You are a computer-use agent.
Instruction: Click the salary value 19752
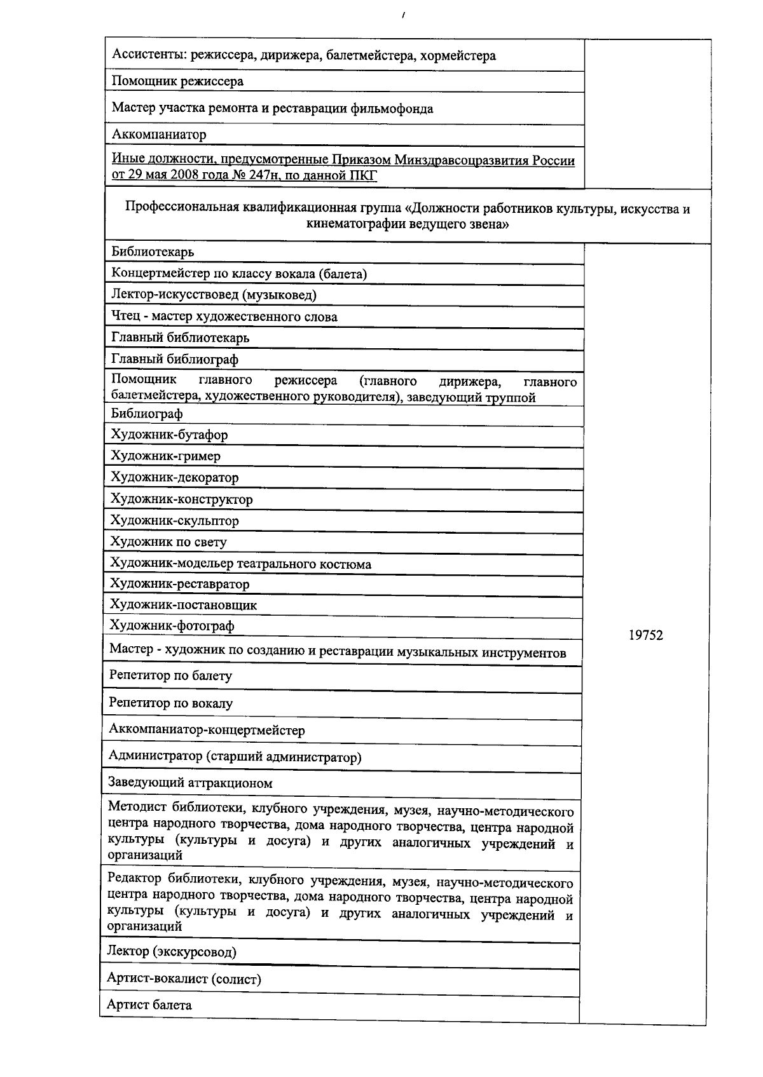click(645, 635)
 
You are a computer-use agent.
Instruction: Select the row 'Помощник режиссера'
click(177, 81)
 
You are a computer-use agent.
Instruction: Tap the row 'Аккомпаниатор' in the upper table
click(159, 135)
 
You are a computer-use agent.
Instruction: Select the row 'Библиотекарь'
click(153, 252)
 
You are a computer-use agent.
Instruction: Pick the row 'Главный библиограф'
click(175, 360)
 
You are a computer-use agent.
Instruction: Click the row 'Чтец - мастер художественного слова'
click(224, 317)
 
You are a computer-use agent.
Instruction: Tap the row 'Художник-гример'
click(165, 456)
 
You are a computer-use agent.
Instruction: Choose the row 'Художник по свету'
click(168, 543)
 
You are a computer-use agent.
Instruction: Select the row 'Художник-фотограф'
click(172, 627)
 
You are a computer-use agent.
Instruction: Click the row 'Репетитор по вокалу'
click(170, 703)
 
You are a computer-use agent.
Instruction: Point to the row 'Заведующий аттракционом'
click(190, 783)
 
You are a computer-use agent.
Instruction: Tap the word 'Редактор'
click(135, 879)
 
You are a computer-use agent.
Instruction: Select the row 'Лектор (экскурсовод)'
click(172, 952)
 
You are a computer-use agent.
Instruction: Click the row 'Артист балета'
click(149, 1005)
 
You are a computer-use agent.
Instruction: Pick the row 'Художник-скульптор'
click(175, 521)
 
